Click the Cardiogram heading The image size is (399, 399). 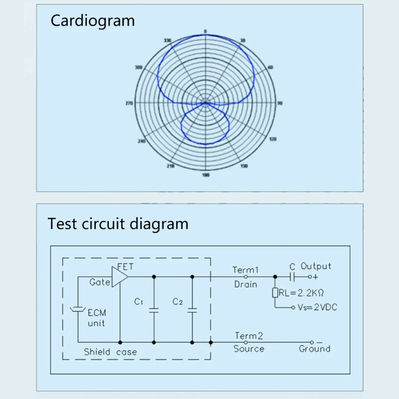click(x=93, y=21)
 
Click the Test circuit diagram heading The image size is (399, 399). click(x=118, y=223)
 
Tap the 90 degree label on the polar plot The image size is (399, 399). click(x=280, y=104)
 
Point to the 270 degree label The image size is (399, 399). click(x=129, y=104)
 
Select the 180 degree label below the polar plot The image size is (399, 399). click(x=205, y=175)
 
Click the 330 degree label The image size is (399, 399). click(x=167, y=41)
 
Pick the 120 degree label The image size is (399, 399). click(x=272, y=139)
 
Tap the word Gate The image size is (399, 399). click(x=99, y=282)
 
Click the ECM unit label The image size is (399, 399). click(x=96, y=318)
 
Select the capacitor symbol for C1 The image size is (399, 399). click(x=154, y=310)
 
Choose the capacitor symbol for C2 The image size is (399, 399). click(x=192, y=310)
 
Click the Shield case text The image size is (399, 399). click(x=110, y=352)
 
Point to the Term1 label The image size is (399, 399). click(x=245, y=270)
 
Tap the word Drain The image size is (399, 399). click(x=245, y=284)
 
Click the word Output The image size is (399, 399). click(x=316, y=266)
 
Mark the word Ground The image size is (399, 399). click(x=314, y=349)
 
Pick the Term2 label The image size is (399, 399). click(x=248, y=336)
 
